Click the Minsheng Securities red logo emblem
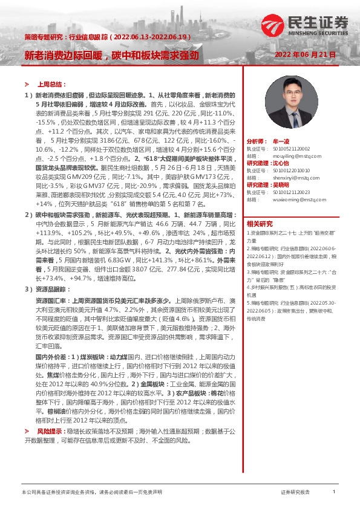coord(280,24)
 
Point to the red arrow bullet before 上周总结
coord(27,85)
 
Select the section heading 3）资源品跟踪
coord(46,290)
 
